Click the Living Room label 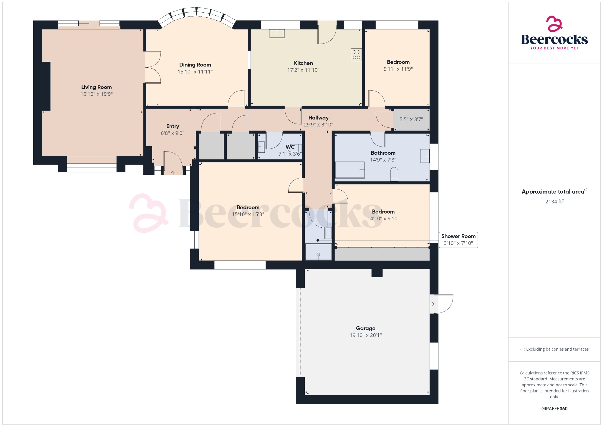click(x=96, y=87)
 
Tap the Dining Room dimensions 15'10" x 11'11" click(x=195, y=71)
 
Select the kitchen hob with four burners click(x=356, y=54)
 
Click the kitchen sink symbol click(x=277, y=34)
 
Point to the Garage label click(x=365, y=328)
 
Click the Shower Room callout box click(x=458, y=240)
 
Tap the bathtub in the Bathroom click(x=350, y=169)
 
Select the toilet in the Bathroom click(x=394, y=174)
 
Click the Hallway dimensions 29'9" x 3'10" click(x=318, y=124)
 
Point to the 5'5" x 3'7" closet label click(x=411, y=119)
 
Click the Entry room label click(x=173, y=126)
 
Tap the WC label click(x=290, y=147)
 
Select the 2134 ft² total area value click(x=554, y=202)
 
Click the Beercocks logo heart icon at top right click(x=554, y=24)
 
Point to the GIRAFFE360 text click(x=554, y=408)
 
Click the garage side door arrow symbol click(x=432, y=304)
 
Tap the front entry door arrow click(x=173, y=172)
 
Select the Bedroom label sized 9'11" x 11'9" click(x=398, y=62)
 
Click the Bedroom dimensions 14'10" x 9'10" click(x=383, y=218)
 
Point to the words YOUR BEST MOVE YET click(x=554, y=48)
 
